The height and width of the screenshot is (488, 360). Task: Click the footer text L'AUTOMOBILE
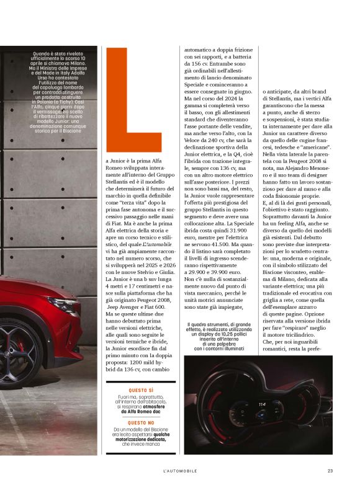[180, 470]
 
